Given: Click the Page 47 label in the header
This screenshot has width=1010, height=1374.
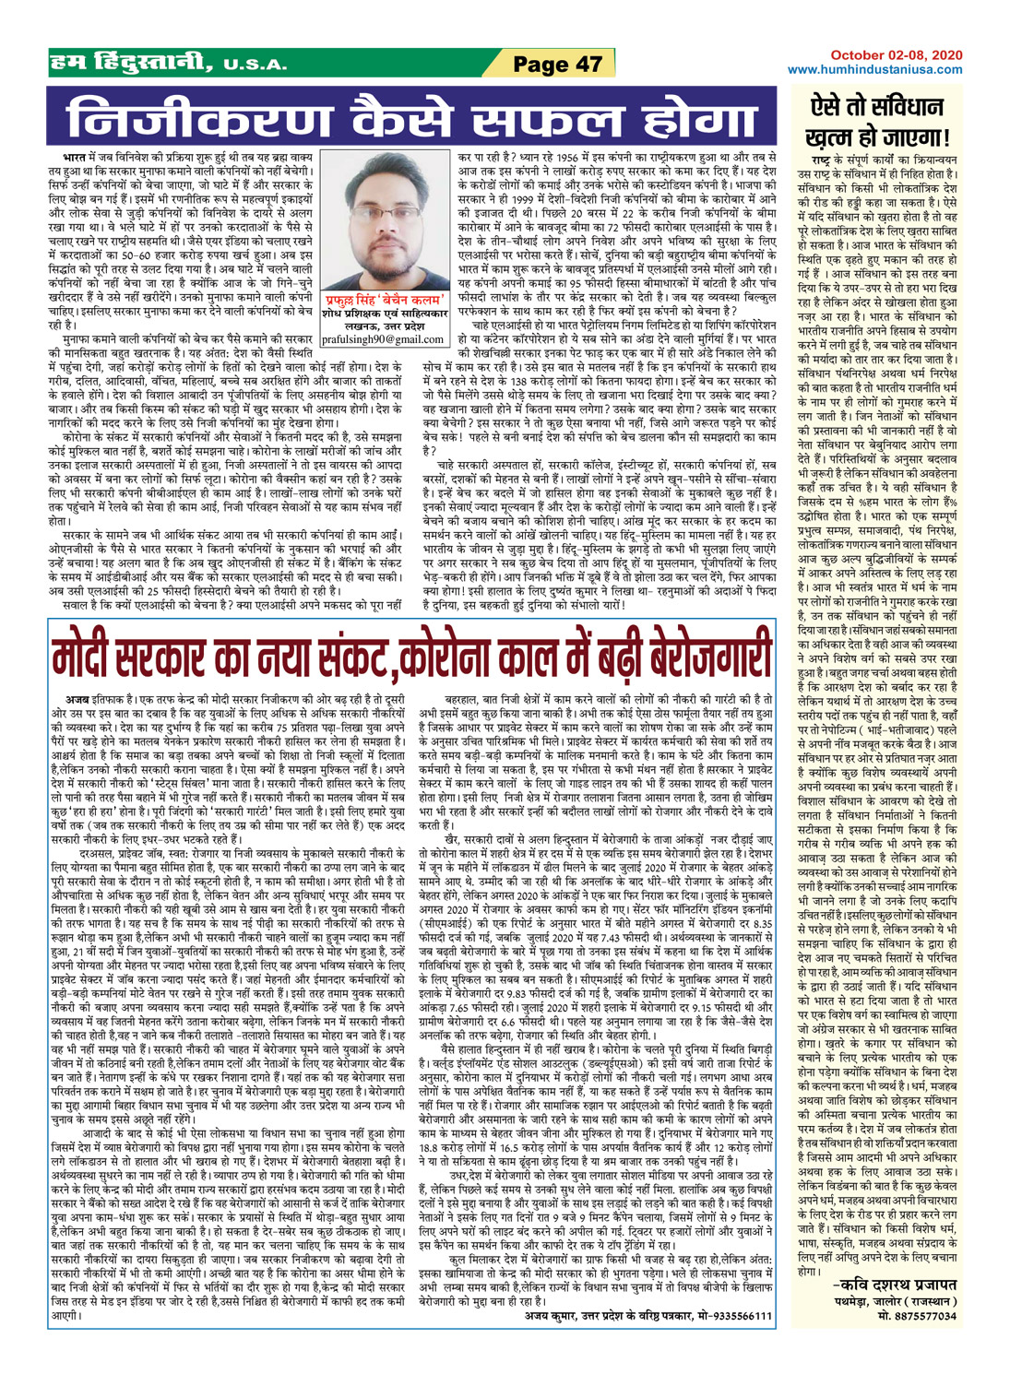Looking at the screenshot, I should (556, 64).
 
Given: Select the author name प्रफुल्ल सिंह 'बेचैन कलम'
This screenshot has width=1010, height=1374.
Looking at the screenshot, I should (384, 300).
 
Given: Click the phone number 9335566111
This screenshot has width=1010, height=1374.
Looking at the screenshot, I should (736, 1314).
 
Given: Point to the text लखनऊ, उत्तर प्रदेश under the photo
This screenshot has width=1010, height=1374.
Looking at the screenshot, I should (384, 326).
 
